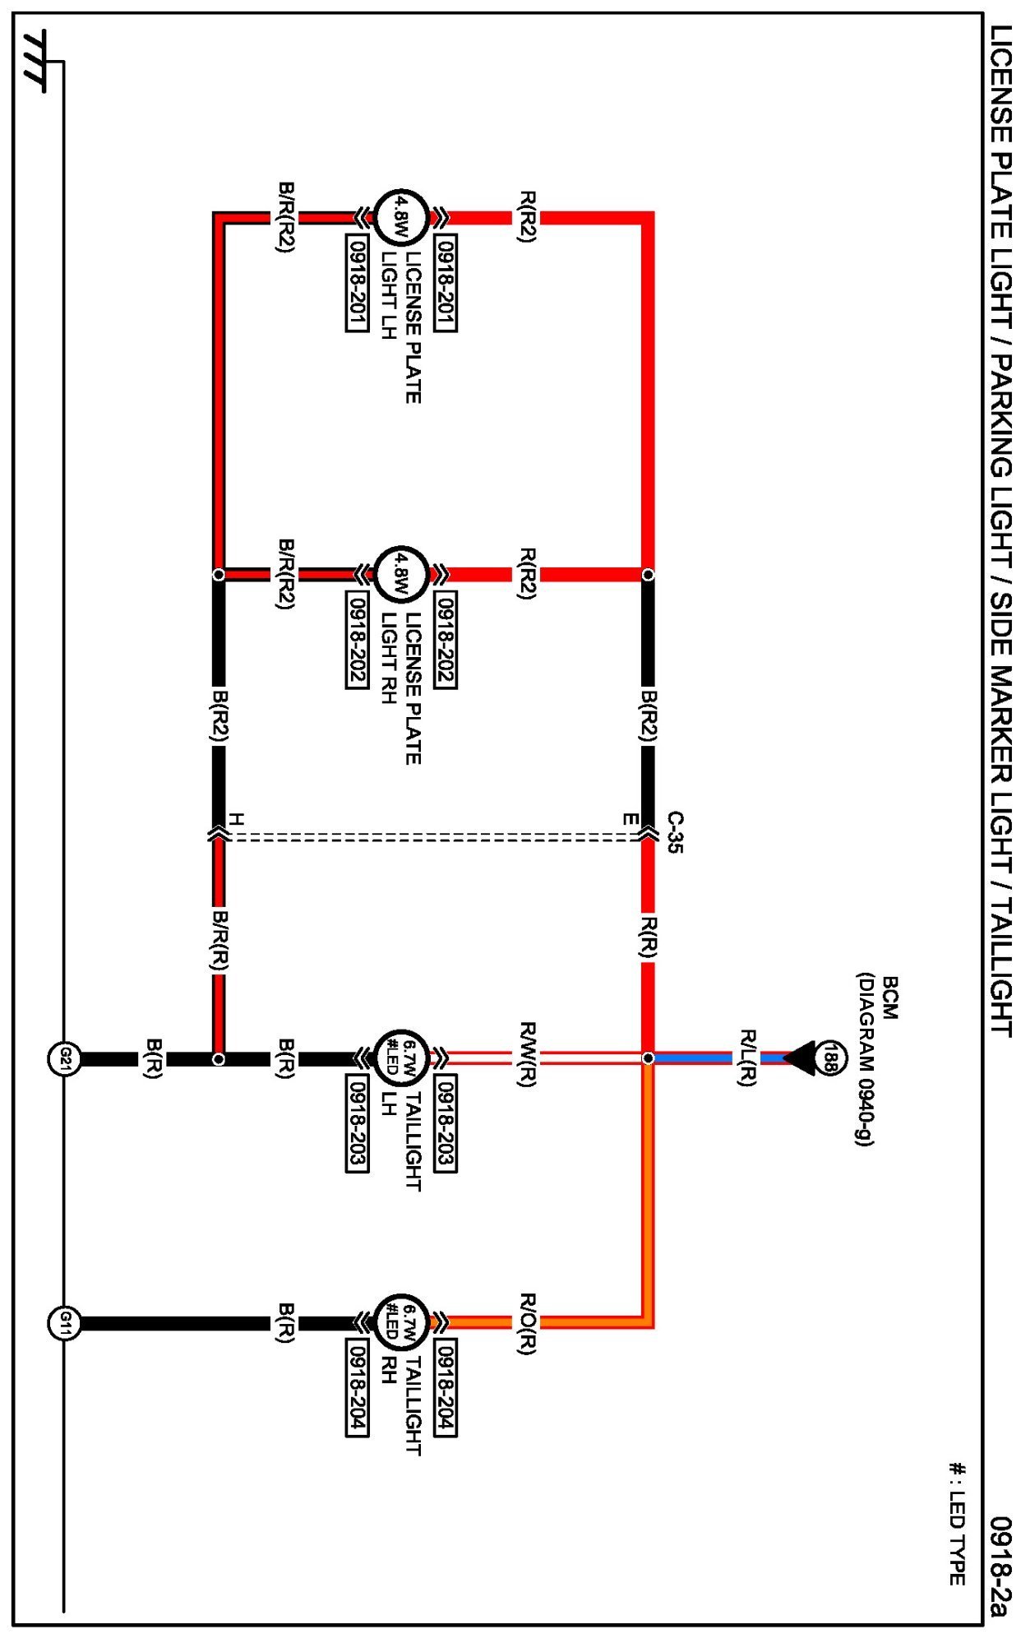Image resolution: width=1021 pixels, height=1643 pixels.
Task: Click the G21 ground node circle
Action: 64,1058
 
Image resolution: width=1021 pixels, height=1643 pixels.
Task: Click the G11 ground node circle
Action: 64,1323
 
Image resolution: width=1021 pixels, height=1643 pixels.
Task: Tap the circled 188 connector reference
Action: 829,1058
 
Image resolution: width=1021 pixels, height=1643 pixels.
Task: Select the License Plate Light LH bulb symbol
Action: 401,218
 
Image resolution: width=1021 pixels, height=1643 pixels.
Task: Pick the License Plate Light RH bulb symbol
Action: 401,574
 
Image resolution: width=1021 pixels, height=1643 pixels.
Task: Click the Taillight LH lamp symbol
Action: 401,1058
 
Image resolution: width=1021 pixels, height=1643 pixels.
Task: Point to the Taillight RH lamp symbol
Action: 401,1323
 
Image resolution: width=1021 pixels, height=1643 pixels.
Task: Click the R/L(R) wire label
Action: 746,1058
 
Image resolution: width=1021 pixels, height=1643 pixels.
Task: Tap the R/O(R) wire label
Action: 527,1323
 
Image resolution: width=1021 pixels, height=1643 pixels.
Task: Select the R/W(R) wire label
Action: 527,1055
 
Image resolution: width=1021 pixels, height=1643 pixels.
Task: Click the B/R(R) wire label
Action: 219,940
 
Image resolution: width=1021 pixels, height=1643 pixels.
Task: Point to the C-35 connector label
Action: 674,832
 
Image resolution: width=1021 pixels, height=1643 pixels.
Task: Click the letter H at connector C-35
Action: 236,820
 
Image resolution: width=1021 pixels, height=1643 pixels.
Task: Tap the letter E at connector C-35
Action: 630,820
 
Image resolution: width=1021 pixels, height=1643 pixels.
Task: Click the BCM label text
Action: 889,997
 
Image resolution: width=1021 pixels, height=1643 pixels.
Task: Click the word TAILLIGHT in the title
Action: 1000,962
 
